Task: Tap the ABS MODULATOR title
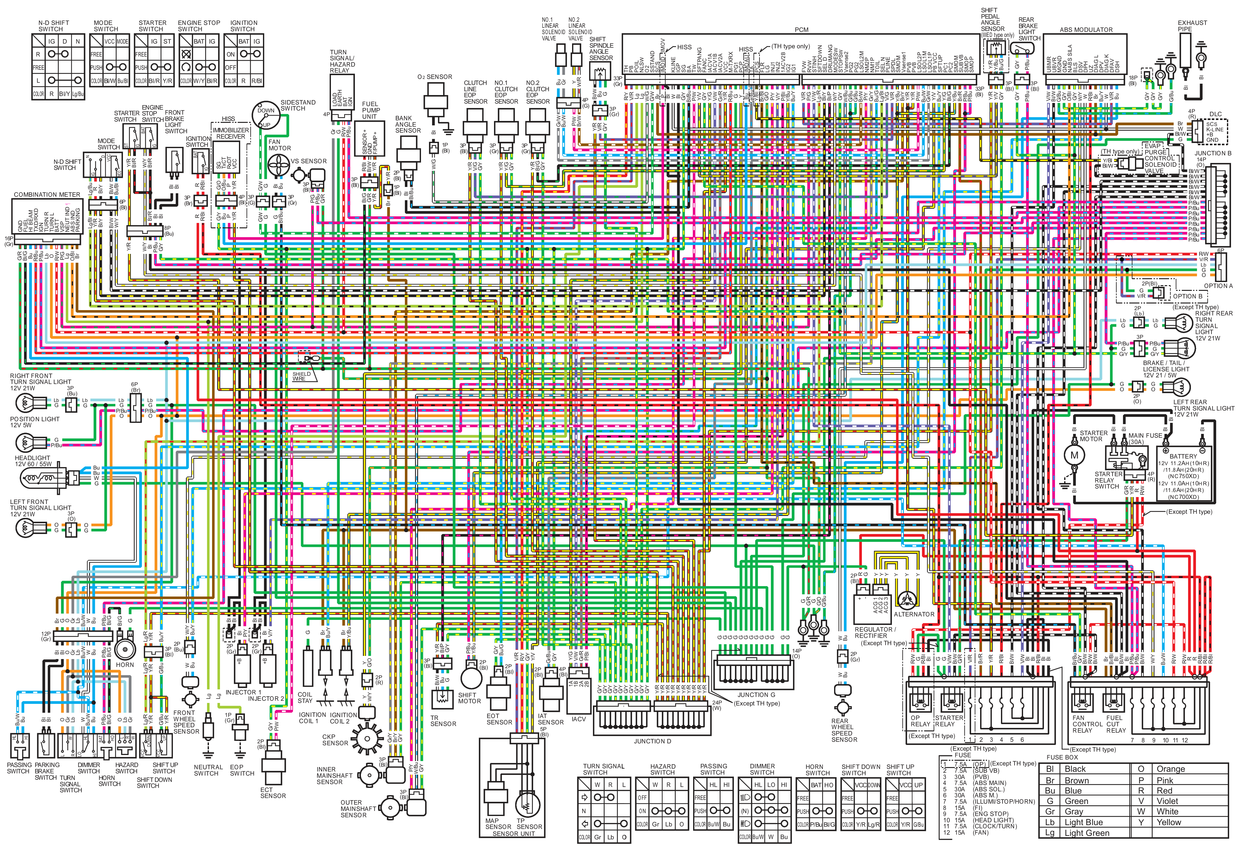[1086, 30]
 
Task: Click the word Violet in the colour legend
[1167, 801]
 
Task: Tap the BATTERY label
[1183, 456]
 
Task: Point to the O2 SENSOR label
[435, 77]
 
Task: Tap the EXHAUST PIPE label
[1192, 26]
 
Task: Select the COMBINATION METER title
[47, 195]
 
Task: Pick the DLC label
[1215, 114]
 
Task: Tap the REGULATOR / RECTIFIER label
[875, 633]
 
